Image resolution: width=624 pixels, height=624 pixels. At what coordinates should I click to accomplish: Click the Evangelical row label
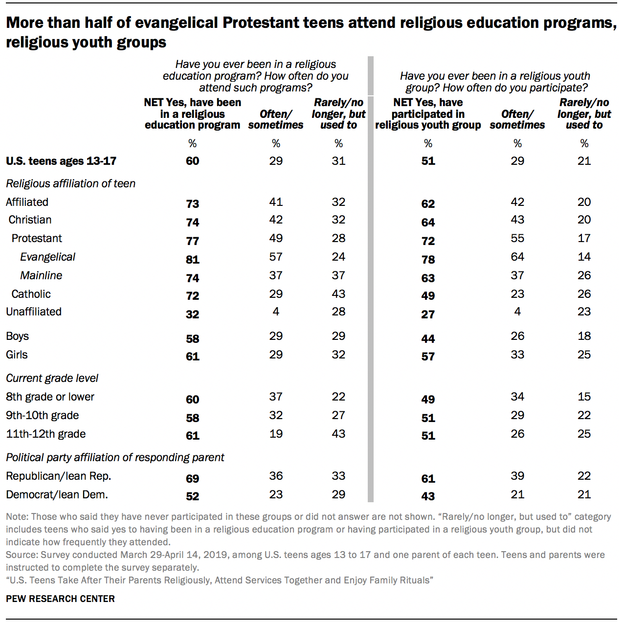[x=47, y=257]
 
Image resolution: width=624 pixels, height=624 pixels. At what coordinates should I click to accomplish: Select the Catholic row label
[x=31, y=294]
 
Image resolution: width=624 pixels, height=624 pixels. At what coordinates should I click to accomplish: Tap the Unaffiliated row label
[x=34, y=312]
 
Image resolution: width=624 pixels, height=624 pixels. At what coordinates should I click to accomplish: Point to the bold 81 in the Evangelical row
[x=192, y=260]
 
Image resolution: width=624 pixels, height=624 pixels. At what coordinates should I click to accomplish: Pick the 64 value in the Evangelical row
[x=517, y=257]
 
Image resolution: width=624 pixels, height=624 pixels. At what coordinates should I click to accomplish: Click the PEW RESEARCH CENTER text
[x=60, y=599]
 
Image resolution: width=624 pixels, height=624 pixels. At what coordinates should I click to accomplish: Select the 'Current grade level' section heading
[x=52, y=378]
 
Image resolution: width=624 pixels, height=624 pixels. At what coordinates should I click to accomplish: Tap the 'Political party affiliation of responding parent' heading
[x=115, y=457]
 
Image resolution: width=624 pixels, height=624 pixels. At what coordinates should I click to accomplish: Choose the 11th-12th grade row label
[x=45, y=434]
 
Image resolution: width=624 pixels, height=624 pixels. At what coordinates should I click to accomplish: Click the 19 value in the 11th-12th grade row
[x=276, y=434]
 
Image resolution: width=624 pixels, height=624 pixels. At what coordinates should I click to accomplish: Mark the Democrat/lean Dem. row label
[x=57, y=494]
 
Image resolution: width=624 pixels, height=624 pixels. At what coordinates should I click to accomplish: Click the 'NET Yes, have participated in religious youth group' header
[x=428, y=114]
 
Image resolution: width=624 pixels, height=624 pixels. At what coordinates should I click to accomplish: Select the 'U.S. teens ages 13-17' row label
[x=61, y=161]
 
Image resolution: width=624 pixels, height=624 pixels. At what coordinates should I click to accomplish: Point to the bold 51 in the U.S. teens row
[x=428, y=161]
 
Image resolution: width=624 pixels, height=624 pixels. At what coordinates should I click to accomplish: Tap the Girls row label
[x=17, y=355]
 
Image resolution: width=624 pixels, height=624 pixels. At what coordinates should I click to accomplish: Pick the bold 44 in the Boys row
[x=428, y=339]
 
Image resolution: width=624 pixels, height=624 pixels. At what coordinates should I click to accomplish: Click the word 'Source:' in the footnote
[x=22, y=555]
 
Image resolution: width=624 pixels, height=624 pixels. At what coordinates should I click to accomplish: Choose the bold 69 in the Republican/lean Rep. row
[x=192, y=479]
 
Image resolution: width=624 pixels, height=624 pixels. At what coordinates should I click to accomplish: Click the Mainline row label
[x=41, y=275]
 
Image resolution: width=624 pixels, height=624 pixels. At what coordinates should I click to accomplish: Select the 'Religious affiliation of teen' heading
[x=70, y=183]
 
